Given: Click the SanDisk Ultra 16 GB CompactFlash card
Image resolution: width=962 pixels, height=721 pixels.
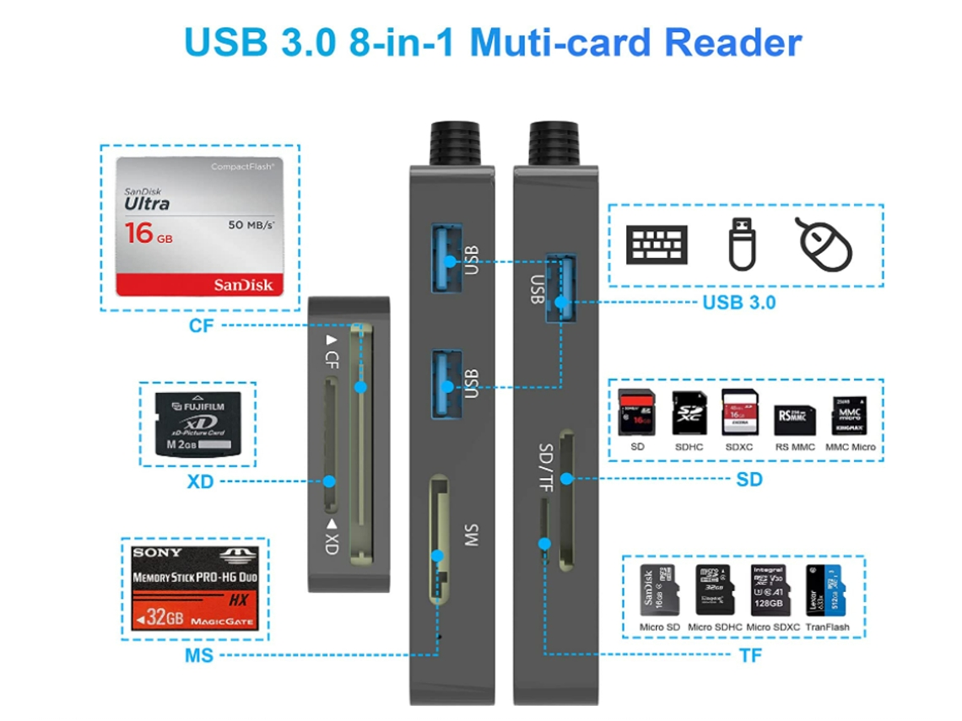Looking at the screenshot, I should [x=199, y=227].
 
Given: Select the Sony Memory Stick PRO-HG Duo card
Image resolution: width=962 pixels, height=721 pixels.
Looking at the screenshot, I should [x=194, y=588].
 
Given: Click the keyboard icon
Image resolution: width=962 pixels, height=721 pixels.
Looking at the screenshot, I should [x=656, y=245].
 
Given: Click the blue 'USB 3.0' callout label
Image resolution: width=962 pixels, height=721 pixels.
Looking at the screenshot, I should [x=738, y=302].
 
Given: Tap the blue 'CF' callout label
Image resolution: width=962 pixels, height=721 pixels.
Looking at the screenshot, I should [x=201, y=325].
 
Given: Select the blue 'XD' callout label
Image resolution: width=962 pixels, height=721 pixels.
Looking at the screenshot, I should [x=201, y=482].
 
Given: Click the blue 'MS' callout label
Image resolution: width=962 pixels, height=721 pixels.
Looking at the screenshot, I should [x=199, y=655].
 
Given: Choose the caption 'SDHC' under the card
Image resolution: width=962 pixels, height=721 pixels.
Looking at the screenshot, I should [x=688, y=447].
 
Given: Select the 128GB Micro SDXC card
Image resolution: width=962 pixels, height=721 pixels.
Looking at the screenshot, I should [x=769, y=588].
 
